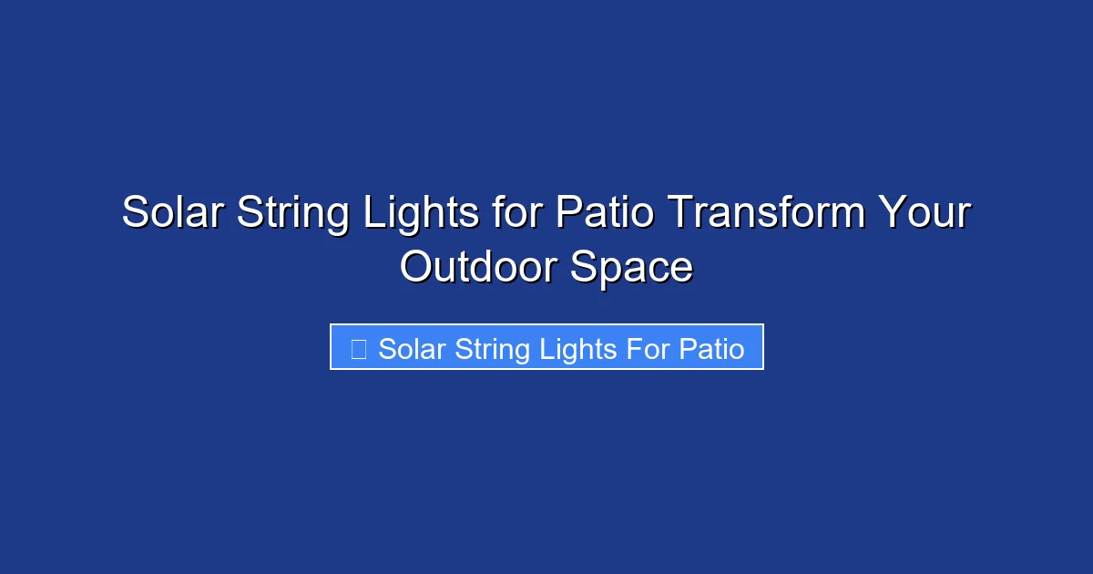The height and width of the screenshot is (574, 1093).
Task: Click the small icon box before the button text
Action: (358, 349)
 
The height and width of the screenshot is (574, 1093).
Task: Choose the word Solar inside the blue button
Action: (409, 349)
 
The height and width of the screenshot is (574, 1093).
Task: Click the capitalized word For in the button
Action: (646, 349)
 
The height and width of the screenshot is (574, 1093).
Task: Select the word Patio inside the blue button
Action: (711, 349)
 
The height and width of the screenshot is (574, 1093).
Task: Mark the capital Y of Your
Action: (888, 214)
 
